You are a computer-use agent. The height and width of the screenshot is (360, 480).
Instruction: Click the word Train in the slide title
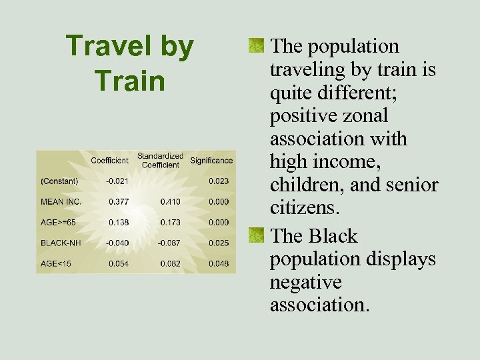pos(129,81)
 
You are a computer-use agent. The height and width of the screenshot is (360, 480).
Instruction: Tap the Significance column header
pos(211,160)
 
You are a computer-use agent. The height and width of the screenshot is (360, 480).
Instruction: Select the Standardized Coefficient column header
pos(160,161)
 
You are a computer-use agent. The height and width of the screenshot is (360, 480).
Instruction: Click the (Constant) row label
pos(59,181)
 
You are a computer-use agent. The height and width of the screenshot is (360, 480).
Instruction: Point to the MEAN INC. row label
pos(61,201)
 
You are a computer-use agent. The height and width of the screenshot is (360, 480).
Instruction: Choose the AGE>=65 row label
pos(59,222)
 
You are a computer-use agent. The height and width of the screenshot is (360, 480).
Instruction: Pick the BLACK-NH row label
pos(61,243)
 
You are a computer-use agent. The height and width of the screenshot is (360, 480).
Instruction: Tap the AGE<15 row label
pos(56,263)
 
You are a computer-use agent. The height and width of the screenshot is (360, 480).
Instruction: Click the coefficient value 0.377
pos(119,201)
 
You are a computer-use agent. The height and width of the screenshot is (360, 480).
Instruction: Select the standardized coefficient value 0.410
pos(170,201)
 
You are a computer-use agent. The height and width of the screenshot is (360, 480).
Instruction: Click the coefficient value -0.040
pos(117,243)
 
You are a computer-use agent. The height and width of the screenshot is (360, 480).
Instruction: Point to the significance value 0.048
pos(218,263)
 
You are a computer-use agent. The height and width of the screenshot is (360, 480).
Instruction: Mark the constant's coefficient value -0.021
pos(117,181)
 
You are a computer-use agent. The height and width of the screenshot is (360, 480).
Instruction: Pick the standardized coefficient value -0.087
pos(169,243)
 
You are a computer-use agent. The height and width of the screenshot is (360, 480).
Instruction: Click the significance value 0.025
pos(218,243)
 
